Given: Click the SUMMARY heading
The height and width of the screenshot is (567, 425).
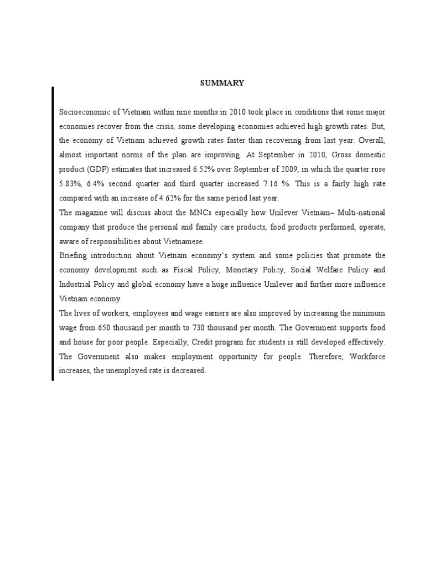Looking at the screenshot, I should pyautogui.click(x=221, y=83).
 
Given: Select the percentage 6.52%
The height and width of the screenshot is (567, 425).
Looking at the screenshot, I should pyautogui.click(x=185, y=169).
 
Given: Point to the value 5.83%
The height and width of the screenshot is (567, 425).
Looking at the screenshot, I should pyautogui.click(x=70, y=184).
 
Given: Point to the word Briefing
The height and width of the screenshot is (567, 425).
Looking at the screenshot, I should pyautogui.click(x=74, y=256).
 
